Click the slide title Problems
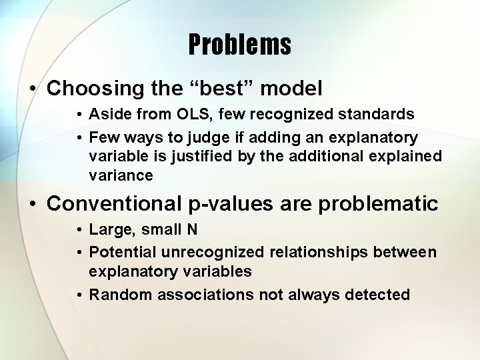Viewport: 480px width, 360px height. pyautogui.click(x=239, y=45)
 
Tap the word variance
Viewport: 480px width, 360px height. pyautogui.click(x=120, y=175)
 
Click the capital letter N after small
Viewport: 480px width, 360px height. pyautogui.click(x=192, y=230)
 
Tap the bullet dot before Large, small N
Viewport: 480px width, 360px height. pyautogui.click(x=79, y=231)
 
